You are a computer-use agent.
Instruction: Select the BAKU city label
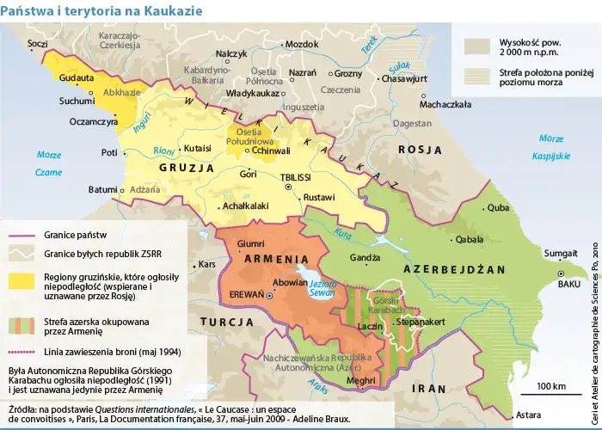568,284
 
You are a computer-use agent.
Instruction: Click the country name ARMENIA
276,259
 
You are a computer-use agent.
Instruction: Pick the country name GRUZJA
185,169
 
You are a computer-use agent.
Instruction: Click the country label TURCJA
225,322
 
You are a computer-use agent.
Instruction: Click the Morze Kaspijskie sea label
551,147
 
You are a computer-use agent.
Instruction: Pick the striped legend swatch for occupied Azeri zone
21,325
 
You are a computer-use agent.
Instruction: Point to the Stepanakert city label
419,321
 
